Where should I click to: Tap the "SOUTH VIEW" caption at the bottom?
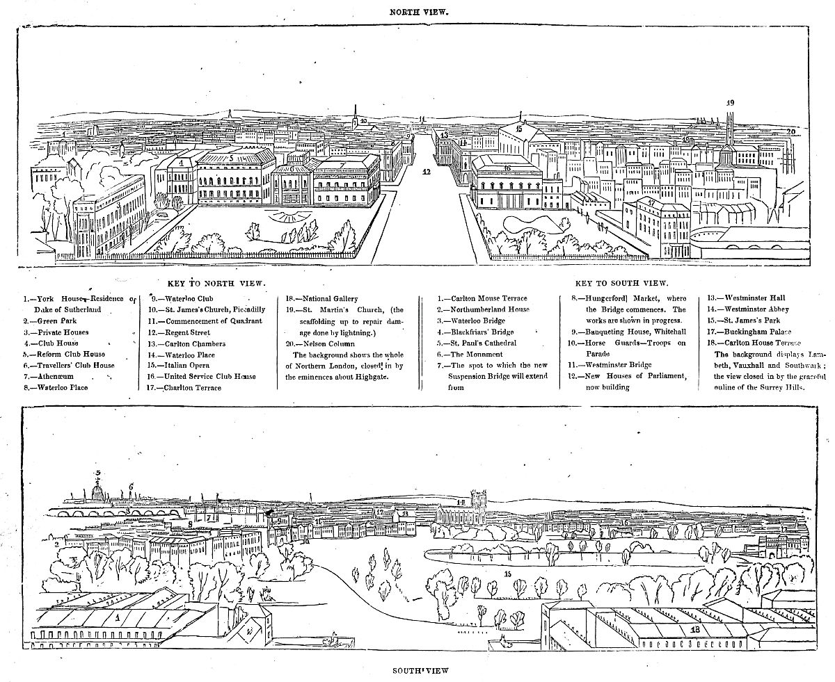pos(417,671)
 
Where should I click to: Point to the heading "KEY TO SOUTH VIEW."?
pos(622,284)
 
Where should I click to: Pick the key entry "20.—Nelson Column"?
pos(321,343)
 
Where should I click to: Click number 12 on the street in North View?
pos(427,170)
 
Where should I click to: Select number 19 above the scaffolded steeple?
pos(730,103)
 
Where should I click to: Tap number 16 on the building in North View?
pos(507,168)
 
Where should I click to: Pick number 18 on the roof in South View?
pos(696,629)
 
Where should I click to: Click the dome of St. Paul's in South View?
pos(98,492)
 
